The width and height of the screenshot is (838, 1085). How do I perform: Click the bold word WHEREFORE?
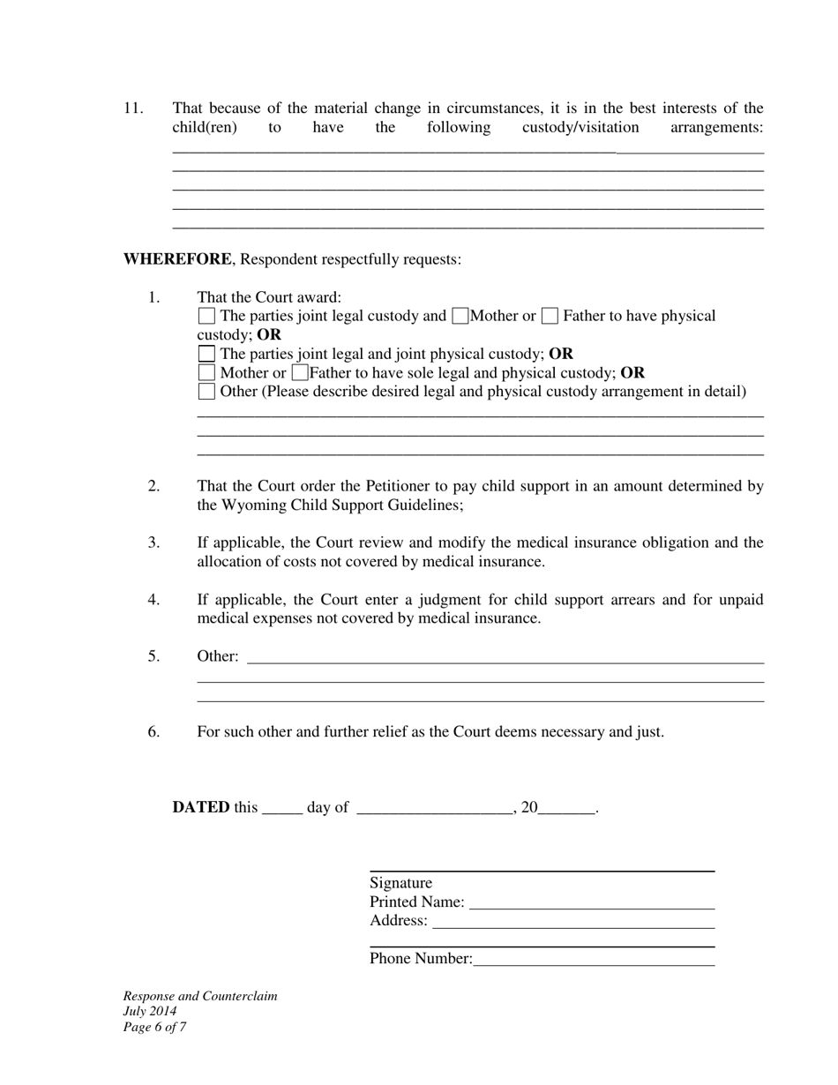click(x=177, y=259)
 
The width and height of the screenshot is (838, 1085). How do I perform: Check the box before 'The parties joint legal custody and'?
click(x=206, y=316)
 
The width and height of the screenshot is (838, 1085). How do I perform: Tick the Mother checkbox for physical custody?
click(x=460, y=316)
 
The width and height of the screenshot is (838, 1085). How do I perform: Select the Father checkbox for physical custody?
click(x=550, y=316)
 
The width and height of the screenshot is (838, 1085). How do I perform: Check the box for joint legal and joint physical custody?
click(x=206, y=354)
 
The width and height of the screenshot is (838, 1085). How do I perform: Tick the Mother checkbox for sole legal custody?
click(x=206, y=372)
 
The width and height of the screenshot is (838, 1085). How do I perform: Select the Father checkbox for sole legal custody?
click(x=300, y=372)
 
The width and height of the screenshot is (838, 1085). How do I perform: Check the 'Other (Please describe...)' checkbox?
click(x=206, y=392)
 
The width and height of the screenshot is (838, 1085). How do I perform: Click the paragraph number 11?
click(x=133, y=108)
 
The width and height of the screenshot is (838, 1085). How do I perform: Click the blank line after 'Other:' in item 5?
click(x=505, y=657)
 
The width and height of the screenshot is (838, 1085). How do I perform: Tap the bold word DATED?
click(x=201, y=807)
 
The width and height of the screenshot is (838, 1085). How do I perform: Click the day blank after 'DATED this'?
click(x=282, y=809)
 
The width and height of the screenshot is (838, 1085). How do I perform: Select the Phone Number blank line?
click(x=594, y=961)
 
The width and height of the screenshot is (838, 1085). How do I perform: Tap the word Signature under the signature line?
click(x=401, y=883)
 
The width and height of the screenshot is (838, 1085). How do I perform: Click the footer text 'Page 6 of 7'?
click(x=154, y=1027)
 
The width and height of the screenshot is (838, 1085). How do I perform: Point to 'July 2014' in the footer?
click(x=150, y=1012)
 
